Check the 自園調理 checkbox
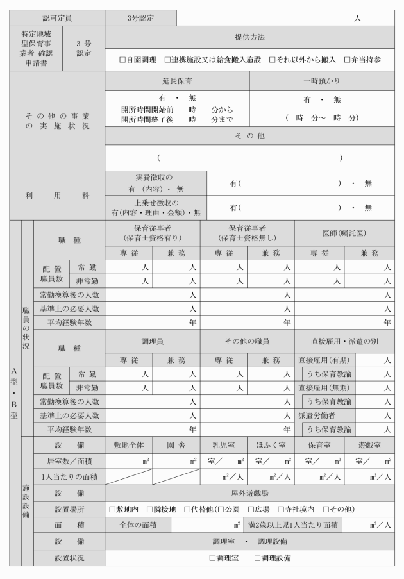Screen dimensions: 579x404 point(122,60)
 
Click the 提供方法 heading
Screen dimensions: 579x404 point(249,38)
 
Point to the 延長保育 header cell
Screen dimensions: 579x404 point(177,81)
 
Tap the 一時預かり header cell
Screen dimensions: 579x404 point(322,81)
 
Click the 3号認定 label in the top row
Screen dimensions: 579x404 point(133,18)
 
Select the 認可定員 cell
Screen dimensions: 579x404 point(57,18)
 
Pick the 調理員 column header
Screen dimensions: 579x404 point(153,342)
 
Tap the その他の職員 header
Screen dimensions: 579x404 point(247,342)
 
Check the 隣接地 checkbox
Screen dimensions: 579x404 point(149,509)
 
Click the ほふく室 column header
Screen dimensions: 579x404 point(271,444)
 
